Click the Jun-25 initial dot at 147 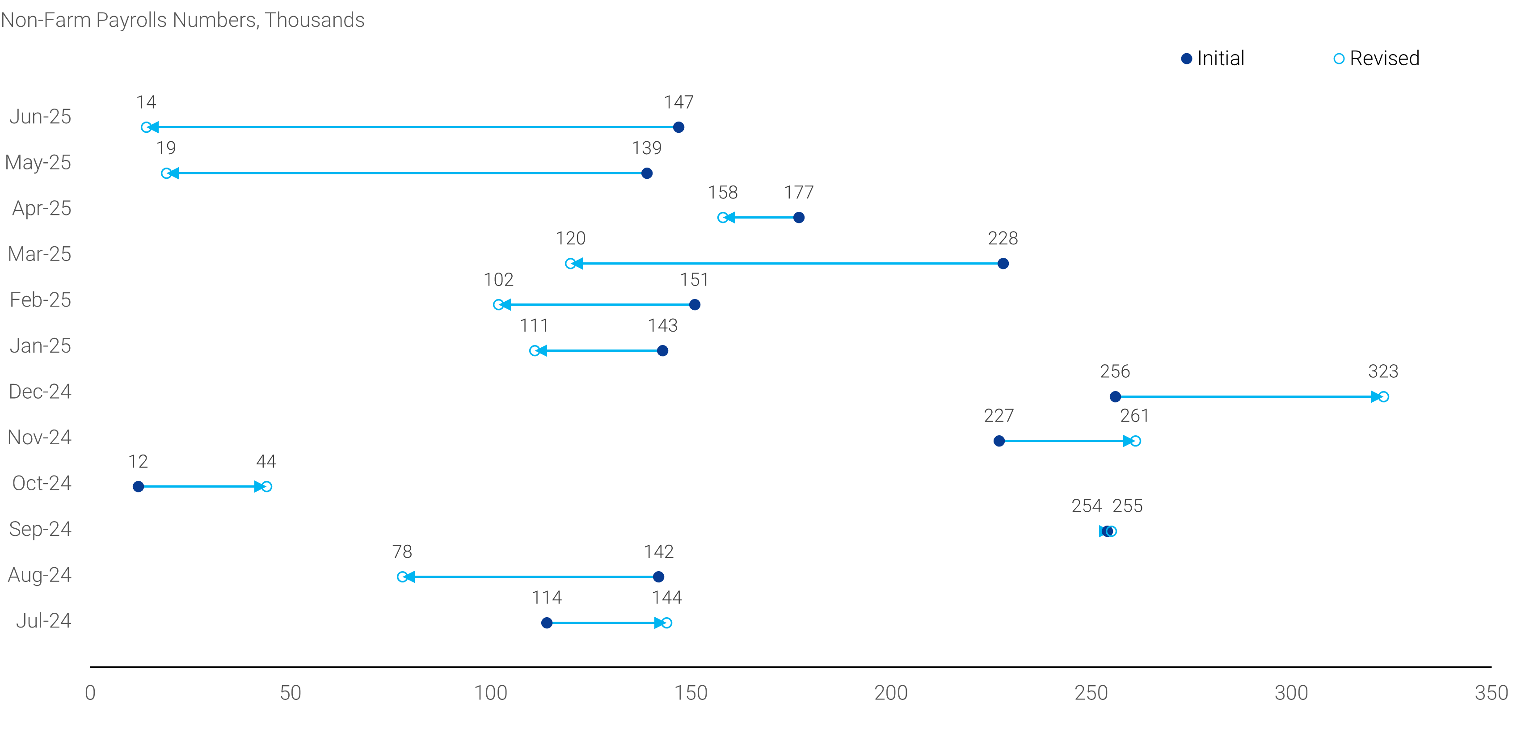[678, 127]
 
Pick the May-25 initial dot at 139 [647, 173]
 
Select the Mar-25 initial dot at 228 [1003, 263]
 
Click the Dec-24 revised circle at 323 [1383, 396]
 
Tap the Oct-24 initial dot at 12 [138, 487]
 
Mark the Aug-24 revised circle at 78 [402, 577]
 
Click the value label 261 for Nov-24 [1134, 416]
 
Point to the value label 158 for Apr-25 [723, 193]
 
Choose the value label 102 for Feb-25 [498, 280]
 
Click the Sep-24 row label [40, 529]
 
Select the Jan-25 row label [40, 345]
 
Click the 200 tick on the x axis [890, 693]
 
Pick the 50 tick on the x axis [290, 693]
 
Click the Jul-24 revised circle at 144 [666, 623]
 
